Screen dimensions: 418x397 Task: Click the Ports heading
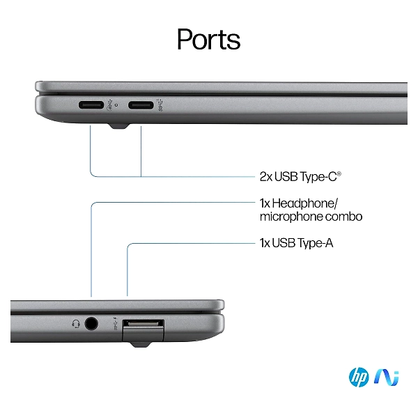(209, 39)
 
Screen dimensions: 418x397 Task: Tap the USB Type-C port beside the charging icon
(91, 104)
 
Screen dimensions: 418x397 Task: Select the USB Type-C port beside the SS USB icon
(141, 105)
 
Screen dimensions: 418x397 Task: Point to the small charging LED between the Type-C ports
(116, 105)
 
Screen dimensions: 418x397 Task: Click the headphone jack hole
(91, 324)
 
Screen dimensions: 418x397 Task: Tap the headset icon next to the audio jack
(76, 324)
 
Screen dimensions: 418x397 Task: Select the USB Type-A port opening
(143, 323)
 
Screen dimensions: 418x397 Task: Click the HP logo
(359, 377)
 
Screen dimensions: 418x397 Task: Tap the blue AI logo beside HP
(386, 377)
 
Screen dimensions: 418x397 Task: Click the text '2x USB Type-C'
(298, 177)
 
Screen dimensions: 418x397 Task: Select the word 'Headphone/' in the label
(304, 203)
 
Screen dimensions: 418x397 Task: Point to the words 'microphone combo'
(311, 217)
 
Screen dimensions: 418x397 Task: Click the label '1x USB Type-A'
(297, 243)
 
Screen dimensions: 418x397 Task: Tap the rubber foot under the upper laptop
(119, 126)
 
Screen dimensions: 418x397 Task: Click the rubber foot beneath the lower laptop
(140, 344)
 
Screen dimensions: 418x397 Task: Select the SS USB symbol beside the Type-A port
(116, 323)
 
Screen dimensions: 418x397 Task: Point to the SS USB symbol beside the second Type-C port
(160, 104)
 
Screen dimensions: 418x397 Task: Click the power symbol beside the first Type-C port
(110, 105)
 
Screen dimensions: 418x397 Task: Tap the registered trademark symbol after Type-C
(339, 173)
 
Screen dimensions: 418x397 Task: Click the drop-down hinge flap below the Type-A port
(143, 334)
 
